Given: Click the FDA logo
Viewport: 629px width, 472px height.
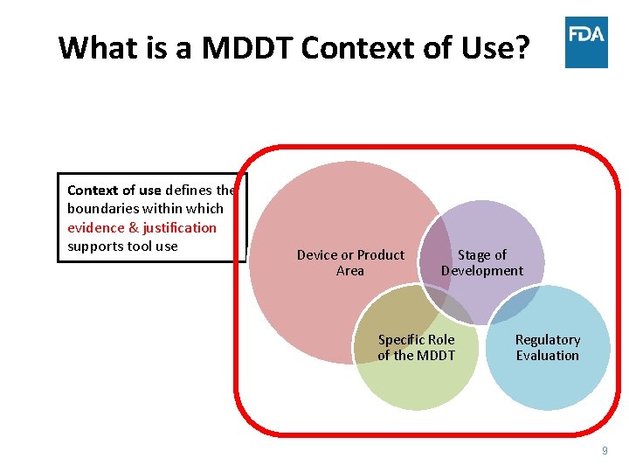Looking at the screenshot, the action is pyautogui.click(x=586, y=42).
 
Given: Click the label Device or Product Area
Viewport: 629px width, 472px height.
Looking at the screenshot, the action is pyautogui.click(x=350, y=262).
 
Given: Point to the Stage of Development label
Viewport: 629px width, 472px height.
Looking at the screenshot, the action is pyautogui.click(x=482, y=262).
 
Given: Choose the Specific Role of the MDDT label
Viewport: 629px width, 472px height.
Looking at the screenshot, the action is pyautogui.click(x=416, y=347).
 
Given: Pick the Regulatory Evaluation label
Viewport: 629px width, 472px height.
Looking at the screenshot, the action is pyautogui.click(x=548, y=347).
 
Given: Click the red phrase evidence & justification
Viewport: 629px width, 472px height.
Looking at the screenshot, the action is pyautogui.click(x=142, y=227).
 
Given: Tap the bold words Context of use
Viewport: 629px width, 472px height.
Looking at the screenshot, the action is pyautogui.click(x=114, y=190).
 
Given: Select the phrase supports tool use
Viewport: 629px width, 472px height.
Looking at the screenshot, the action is pyautogui.click(x=122, y=246).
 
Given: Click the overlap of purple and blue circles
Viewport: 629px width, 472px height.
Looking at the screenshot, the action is pyautogui.click(x=510, y=302).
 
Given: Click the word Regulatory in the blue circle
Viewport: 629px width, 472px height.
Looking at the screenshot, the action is pyautogui.click(x=548, y=339).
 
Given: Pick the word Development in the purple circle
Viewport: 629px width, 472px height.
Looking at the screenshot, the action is pyautogui.click(x=482, y=270).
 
